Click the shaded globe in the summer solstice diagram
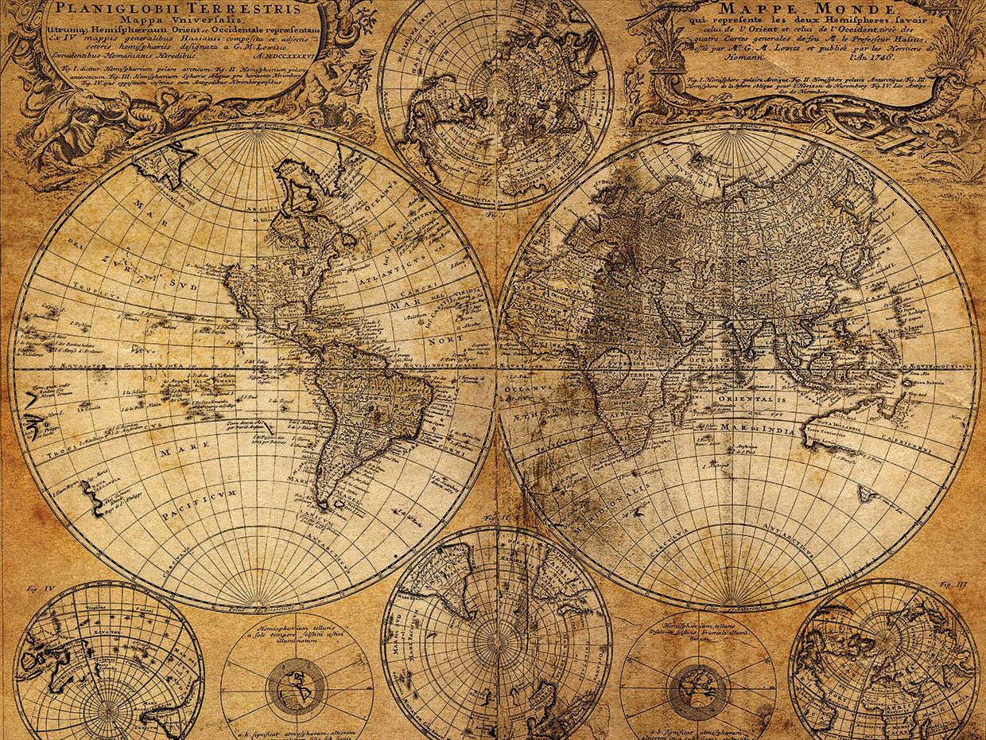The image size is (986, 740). tap(296, 684)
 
